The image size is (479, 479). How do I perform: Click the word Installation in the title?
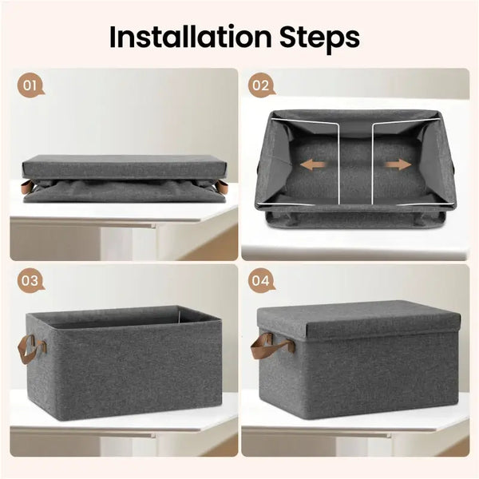tap(190, 37)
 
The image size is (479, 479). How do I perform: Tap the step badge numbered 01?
tap(30, 85)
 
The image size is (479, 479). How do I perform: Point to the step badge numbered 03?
tap(30, 281)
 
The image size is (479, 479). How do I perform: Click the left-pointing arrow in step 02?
tap(313, 164)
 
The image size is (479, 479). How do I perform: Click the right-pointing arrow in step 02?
tap(398, 164)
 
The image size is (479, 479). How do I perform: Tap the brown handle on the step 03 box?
tap(31, 348)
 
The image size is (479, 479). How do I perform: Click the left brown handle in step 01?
tap(27, 186)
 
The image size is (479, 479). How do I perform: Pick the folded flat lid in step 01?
tap(125, 167)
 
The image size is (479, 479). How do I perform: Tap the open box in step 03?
tap(124, 362)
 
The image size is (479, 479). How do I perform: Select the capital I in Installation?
tap(113, 37)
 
